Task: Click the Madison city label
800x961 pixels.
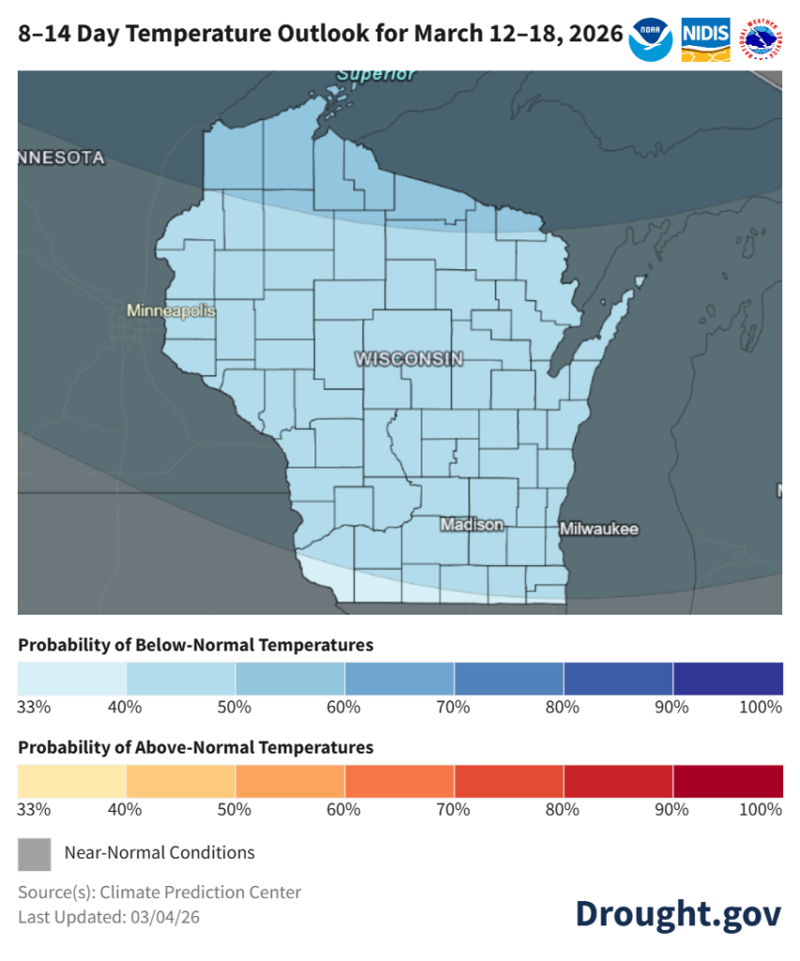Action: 471,525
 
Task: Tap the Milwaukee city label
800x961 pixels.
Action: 599,529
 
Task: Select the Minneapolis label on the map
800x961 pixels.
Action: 172,311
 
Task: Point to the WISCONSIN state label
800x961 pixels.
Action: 408,359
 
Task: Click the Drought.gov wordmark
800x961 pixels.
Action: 678,913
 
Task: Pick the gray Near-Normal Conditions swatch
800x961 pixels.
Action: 35,853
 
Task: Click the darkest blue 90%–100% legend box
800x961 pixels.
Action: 728,678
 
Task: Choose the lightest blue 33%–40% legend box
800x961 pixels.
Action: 72,678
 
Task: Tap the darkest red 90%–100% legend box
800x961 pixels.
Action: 728,781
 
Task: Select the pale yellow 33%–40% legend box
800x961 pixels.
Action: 72,781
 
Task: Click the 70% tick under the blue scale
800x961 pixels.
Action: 454,707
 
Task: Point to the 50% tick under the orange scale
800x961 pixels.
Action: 235,810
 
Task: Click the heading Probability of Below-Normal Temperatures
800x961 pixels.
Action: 195,646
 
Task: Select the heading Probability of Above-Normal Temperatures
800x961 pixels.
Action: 195,748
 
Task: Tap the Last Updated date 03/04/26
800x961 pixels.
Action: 169,917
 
